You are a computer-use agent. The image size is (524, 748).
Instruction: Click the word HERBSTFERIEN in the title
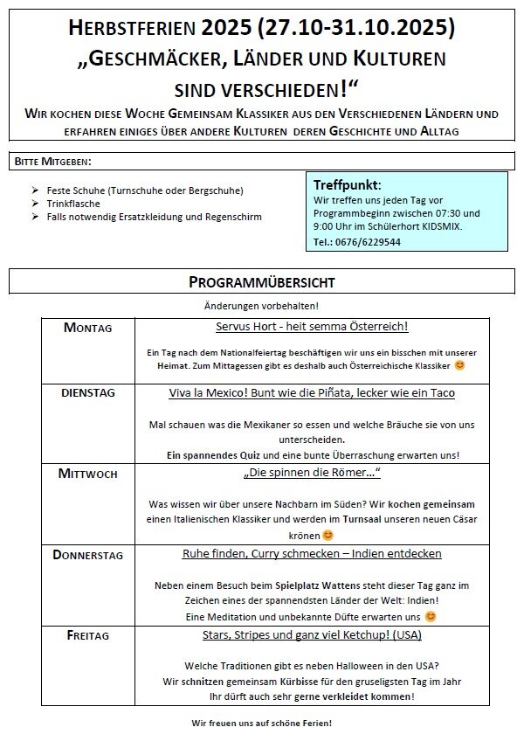(130, 29)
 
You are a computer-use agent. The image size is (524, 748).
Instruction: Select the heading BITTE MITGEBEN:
(52, 162)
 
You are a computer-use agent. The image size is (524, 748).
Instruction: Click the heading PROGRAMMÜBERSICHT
(261, 281)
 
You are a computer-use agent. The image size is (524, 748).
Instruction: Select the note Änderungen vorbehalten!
(261, 306)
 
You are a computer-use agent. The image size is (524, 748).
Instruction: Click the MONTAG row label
(87, 328)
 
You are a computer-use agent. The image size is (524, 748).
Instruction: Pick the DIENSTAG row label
(87, 393)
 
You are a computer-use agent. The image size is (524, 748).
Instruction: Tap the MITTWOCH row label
(87, 474)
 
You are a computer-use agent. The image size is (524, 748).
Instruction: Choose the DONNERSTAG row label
(87, 555)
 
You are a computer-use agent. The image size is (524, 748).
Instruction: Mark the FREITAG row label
(87, 635)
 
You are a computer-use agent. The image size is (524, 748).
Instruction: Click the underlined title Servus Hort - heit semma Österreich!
(312, 327)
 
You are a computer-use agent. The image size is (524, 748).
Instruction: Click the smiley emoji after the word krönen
(328, 535)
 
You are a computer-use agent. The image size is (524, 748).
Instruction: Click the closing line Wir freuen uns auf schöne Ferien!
(261, 724)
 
